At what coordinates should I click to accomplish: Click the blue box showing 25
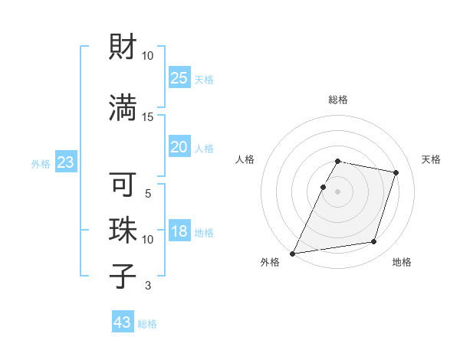coord(179,78)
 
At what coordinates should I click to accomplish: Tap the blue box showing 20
coord(179,148)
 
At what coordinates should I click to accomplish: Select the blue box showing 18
coord(179,232)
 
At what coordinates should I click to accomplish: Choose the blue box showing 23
coord(65,162)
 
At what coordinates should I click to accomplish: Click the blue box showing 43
coord(123,322)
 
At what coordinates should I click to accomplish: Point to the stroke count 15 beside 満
coord(148,116)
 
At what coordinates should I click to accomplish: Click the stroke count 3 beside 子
coord(148,286)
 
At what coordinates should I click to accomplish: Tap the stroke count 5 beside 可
coord(148,194)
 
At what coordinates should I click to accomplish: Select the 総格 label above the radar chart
coord(338,100)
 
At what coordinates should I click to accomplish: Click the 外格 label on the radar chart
coord(270,263)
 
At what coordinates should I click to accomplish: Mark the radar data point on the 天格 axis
coord(396,173)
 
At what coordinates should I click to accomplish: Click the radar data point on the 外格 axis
coord(293,253)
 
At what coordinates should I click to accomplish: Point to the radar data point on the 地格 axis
coord(374,242)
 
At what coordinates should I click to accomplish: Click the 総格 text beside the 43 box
coord(147,324)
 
